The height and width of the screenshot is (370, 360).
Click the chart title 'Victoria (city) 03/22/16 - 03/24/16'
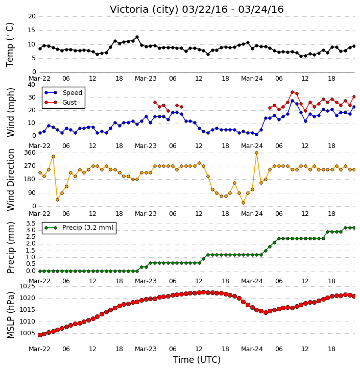197,10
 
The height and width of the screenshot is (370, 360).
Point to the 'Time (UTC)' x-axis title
197,360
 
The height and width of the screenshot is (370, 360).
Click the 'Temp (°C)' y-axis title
10,45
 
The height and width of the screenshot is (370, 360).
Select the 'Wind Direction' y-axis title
11,180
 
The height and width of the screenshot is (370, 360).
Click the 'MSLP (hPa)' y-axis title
11,315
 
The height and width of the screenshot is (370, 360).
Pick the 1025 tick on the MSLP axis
27,286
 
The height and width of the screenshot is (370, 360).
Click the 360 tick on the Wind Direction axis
30,153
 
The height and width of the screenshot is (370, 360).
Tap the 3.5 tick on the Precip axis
31,224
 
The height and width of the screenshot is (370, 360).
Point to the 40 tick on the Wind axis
31,85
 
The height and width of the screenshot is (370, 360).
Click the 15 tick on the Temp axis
31,30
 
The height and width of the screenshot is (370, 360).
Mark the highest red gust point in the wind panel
293,92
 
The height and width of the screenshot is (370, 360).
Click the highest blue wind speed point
293,101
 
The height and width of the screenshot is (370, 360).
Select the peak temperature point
137,37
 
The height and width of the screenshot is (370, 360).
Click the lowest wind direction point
244,203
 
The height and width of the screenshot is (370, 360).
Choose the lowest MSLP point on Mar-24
266,312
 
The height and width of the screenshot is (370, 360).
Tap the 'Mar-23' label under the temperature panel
146,79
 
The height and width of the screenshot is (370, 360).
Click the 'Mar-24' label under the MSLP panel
252,349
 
